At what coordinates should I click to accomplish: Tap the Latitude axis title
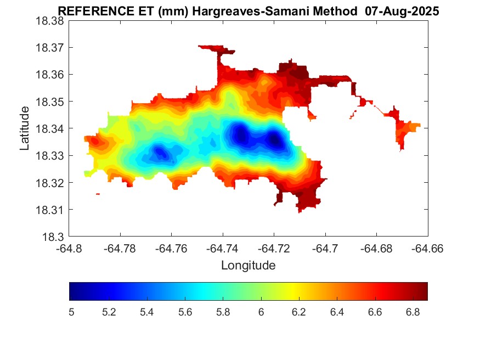(25, 128)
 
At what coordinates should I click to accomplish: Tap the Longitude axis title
(248, 266)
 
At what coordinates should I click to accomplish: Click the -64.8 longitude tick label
(69, 249)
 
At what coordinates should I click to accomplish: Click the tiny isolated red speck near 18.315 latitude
(98, 194)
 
